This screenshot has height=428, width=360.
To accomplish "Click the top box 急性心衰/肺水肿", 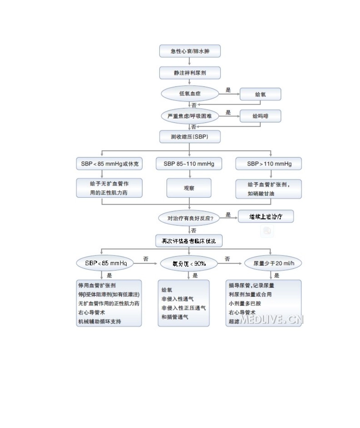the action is [189, 51].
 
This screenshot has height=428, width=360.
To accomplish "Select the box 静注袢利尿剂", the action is [189, 73].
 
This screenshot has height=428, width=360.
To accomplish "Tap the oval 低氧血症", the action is [190, 94].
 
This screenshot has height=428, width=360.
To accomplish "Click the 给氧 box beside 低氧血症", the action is [260, 94].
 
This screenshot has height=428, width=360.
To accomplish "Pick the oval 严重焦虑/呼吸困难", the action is [190, 116].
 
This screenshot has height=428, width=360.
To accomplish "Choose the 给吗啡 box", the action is [260, 116].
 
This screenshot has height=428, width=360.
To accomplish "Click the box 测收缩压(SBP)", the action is [189, 137].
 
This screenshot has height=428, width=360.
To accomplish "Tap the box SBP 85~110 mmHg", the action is [189, 164].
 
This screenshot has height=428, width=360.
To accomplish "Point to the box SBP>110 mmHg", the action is [269, 164].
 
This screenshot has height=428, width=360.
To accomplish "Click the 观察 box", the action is [189, 188].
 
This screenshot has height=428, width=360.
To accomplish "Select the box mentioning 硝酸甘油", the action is [269, 189].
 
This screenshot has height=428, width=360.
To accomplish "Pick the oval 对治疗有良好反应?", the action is [190, 218].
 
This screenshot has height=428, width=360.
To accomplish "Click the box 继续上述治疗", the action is [266, 216].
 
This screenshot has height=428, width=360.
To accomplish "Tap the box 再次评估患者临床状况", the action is [189, 241].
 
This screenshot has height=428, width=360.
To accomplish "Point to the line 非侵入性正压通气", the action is [183, 308].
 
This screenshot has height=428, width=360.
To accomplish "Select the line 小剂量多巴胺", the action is [244, 303].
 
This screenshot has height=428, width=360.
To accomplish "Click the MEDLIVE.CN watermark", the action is [271, 319].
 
